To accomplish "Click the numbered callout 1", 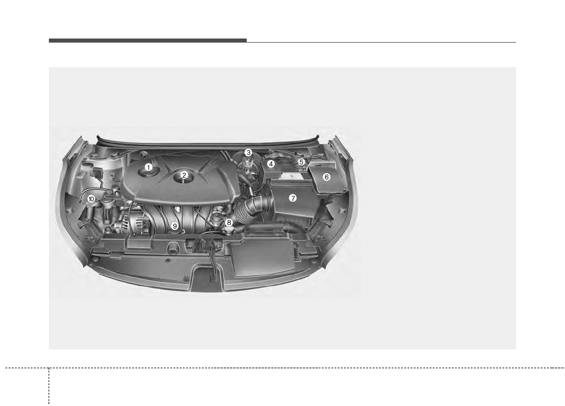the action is click(148, 167).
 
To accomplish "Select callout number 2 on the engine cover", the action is click(184, 175).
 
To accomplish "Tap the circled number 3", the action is click(249, 153).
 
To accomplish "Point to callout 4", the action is click(271, 164).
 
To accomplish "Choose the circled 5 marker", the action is click(301, 162).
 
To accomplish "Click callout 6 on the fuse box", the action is click(327, 177).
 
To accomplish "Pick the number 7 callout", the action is click(293, 198).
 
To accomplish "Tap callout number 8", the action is click(229, 222).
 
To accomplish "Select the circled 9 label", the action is click(175, 226).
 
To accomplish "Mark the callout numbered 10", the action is click(91, 199).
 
